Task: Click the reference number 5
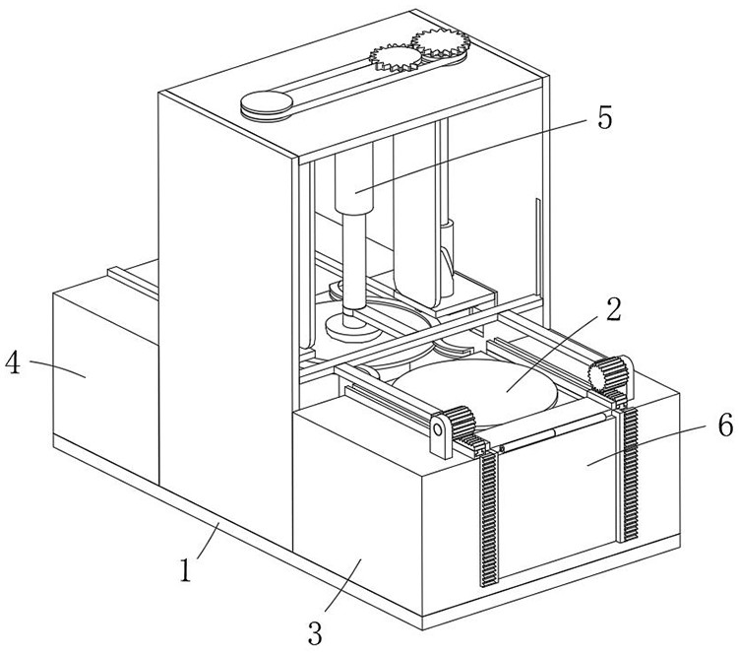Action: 604,117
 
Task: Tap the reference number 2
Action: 613,309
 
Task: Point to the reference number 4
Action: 13,363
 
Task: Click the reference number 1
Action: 186,569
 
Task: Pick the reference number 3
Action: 315,632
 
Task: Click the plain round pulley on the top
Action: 267,104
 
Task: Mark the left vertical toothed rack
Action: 489,518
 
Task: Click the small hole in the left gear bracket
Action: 438,429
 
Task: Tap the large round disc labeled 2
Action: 474,390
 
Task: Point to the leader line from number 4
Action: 58,368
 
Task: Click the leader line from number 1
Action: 208,540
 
